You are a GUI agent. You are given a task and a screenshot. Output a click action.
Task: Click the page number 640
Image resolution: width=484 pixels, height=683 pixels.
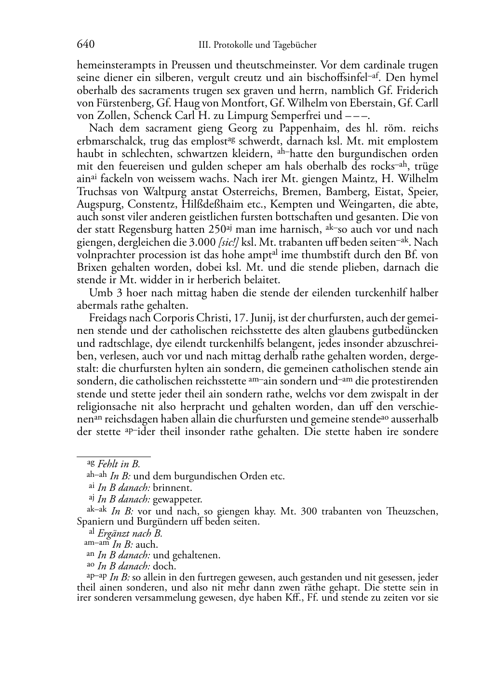[85, 45]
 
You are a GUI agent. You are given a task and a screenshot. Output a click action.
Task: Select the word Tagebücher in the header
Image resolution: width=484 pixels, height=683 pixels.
[295, 45]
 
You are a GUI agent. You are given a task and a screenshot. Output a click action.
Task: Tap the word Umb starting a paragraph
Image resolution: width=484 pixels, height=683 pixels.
[100, 293]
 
